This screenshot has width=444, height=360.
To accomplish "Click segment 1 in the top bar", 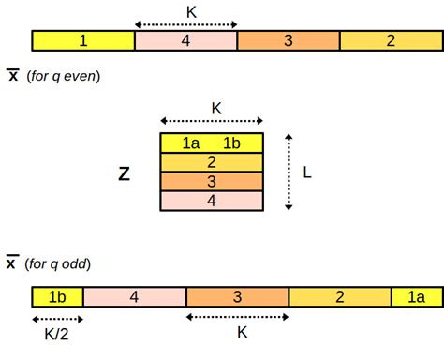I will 83,40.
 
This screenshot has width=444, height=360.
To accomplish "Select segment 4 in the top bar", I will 185,40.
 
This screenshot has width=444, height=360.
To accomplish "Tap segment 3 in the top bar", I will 288,40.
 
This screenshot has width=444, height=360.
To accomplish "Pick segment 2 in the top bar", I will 390,40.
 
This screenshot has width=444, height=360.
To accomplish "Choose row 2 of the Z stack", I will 212,161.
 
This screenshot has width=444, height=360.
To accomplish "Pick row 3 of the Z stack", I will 212,181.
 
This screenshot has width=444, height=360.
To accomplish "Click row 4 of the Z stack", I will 212,200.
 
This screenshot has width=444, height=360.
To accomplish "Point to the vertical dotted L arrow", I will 289,171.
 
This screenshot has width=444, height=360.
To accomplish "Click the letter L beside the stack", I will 306,172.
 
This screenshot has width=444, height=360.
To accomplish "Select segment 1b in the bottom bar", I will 58,298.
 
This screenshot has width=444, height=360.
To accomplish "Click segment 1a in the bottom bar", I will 416,298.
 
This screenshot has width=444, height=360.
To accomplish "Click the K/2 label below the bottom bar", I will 56,333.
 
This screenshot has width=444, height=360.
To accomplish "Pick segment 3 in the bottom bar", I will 237,298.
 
